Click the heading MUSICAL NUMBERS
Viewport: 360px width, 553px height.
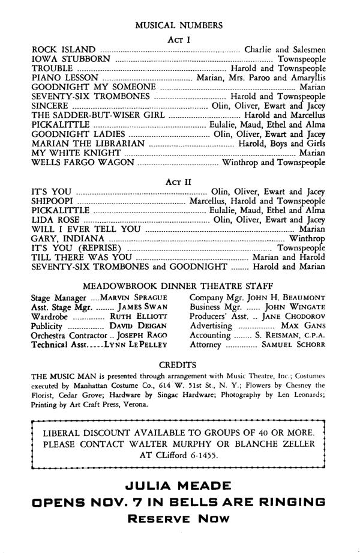179,25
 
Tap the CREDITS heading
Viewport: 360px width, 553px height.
179,364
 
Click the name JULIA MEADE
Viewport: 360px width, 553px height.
179,485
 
